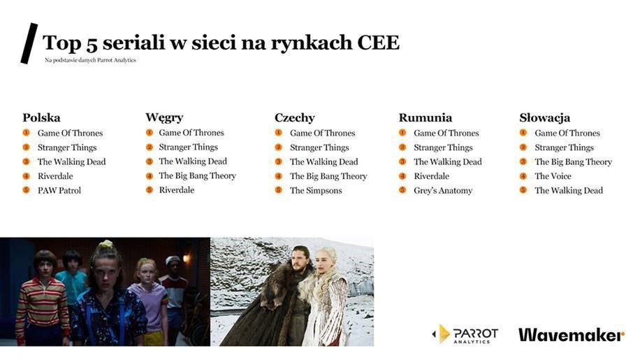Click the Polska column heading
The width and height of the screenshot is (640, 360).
pos(41,117)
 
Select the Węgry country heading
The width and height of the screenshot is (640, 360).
pos(164,117)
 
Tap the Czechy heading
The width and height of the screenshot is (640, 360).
pos(294,117)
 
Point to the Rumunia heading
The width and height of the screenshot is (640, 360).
pos(425,117)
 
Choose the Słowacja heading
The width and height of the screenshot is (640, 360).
pos(544,117)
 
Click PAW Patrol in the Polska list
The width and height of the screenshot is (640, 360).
pos(59,190)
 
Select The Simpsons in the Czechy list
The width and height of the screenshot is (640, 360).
pos(316,190)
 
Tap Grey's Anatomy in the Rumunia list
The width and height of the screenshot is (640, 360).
pos(443,190)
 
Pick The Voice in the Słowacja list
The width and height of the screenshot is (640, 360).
pos(553,176)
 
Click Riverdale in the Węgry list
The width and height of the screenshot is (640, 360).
pos(176,190)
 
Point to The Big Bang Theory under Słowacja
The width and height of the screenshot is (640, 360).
pos(573,161)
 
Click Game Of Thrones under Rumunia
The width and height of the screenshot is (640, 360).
pos(446,133)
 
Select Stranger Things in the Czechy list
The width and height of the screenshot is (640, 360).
pos(319,147)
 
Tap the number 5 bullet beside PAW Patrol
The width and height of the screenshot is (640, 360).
pos(26,190)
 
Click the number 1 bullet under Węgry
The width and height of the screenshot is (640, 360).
pos(149,132)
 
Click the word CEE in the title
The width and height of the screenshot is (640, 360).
pos(377,43)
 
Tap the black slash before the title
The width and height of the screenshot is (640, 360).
pos(29,43)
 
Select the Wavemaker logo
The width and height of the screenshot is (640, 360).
pos(571,335)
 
